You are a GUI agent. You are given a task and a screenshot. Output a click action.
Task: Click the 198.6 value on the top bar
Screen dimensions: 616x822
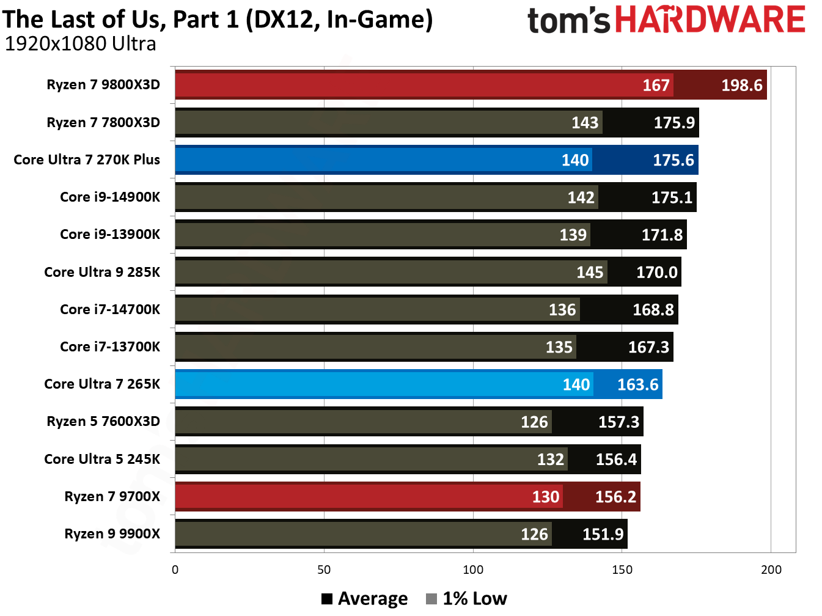tap(741, 85)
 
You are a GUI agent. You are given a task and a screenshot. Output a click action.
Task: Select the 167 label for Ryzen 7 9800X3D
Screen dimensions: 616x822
tap(655, 85)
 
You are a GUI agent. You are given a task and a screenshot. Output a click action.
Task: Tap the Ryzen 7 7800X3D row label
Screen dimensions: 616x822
tap(103, 122)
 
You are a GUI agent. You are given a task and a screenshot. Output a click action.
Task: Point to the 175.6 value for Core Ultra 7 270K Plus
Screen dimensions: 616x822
tap(673, 160)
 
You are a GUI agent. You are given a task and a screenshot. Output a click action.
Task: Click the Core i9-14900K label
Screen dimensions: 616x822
tap(110, 197)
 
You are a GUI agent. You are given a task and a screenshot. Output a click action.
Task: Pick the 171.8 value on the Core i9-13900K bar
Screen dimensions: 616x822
tap(662, 235)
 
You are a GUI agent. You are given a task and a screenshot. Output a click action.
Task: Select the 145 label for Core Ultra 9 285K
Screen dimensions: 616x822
tap(589, 273)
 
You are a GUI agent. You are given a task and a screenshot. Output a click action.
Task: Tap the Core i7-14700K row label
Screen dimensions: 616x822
tap(110, 309)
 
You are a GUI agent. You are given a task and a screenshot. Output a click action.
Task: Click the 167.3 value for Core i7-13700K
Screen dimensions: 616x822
tap(648, 347)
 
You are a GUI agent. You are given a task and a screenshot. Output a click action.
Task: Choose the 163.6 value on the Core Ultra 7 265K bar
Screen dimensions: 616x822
tap(637, 384)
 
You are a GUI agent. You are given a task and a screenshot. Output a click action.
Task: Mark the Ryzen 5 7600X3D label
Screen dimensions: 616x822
tap(103, 421)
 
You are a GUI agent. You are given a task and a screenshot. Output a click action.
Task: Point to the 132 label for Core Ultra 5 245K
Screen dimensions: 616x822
tap(550, 460)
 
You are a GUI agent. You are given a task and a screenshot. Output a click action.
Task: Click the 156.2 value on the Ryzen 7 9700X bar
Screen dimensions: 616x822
tap(615, 497)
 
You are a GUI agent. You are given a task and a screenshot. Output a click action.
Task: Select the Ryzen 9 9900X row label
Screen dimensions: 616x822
tap(112, 533)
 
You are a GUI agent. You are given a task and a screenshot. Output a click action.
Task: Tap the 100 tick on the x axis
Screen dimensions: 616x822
tap(473, 570)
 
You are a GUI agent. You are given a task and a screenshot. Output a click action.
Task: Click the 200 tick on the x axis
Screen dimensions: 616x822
tap(771, 570)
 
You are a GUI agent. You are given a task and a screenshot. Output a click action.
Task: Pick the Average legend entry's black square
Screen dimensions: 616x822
tap(327, 599)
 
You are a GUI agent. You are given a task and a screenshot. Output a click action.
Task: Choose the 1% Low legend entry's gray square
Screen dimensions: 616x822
tap(431, 599)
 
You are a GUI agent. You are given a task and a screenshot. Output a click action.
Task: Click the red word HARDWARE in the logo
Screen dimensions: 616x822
tap(710, 20)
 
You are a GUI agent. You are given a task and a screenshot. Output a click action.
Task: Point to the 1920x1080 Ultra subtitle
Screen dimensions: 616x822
tap(80, 44)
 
